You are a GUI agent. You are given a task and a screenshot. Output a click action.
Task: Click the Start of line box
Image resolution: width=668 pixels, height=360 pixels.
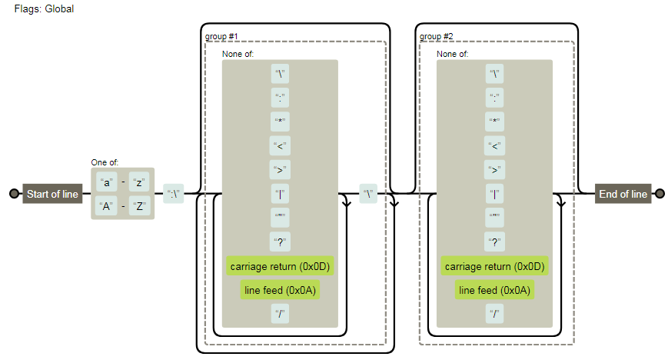[x=52, y=194]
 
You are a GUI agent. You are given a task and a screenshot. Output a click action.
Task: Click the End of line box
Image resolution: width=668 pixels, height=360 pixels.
[x=623, y=194]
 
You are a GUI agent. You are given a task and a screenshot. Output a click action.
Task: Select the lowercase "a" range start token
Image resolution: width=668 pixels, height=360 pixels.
[x=107, y=182]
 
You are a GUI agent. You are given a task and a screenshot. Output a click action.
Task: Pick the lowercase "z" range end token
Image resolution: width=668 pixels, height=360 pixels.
[x=139, y=182]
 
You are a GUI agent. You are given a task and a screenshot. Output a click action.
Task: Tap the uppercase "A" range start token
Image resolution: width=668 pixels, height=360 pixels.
[x=107, y=206]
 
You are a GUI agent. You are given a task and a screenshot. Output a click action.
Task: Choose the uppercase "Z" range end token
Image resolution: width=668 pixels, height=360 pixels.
[x=139, y=206]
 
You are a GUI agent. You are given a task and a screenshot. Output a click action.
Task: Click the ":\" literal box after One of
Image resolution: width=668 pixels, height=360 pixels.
[x=174, y=194]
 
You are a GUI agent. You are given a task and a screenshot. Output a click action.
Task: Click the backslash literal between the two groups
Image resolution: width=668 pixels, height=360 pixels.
[x=370, y=194]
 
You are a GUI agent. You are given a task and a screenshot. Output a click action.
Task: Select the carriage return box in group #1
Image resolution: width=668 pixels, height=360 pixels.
[x=280, y=266]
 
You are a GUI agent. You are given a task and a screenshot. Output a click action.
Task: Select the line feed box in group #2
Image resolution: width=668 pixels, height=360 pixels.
[x=494, y=290]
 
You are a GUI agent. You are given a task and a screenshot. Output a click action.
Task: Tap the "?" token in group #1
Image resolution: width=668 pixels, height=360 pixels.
[x=280, y=242]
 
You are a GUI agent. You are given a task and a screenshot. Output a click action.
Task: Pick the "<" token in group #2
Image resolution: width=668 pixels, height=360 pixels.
[x=494, y=145]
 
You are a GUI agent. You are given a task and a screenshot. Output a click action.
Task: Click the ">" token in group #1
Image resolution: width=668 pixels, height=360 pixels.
[x=280, y=170]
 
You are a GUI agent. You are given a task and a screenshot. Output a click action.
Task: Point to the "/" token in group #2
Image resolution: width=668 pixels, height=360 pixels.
[x=494, y=313]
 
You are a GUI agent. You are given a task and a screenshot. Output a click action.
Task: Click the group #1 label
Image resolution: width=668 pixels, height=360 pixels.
[x=221, y=36]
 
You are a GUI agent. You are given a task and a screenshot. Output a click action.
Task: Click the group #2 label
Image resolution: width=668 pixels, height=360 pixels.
[x=436, y=36]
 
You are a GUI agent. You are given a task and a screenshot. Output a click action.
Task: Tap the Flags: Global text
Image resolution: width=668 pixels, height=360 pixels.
[x=44, y=8]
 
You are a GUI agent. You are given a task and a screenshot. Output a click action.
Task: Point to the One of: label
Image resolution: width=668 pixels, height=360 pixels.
[x=105, y=162]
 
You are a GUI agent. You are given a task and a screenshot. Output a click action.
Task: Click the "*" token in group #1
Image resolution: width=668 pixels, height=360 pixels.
[x=280, y=122]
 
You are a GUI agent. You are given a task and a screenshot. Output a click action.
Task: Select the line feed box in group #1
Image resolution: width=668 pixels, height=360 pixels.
[x=280, y=290]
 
